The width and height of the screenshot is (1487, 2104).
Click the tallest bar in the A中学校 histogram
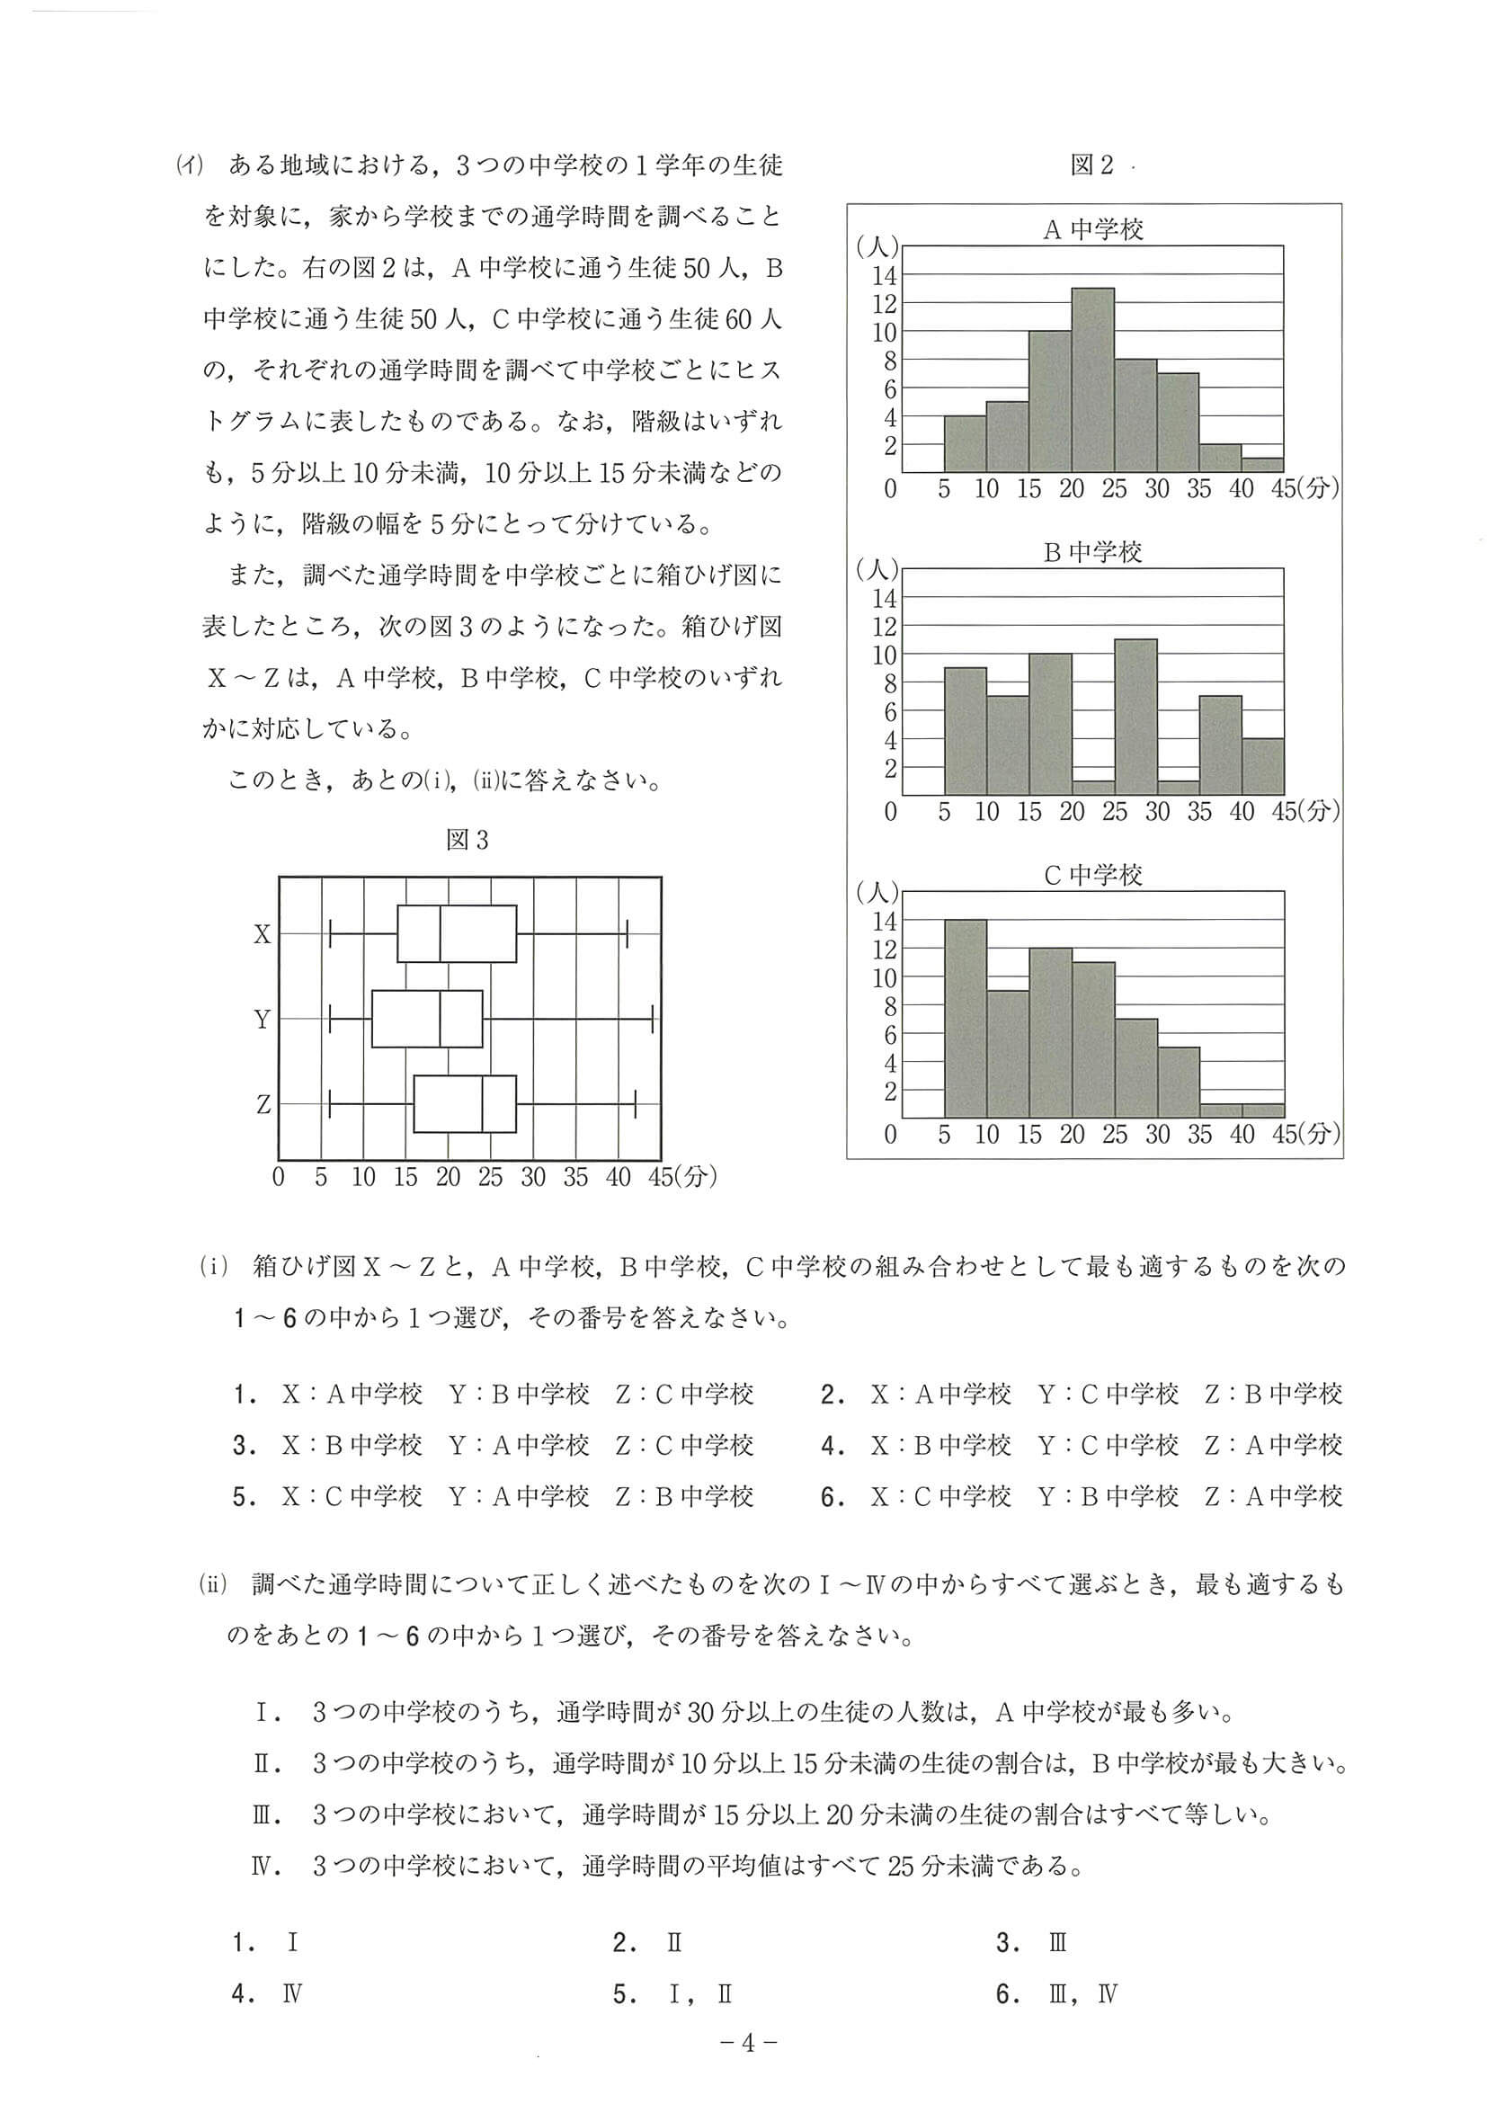pos(1092,379)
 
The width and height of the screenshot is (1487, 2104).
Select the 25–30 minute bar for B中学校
pos(1135,716)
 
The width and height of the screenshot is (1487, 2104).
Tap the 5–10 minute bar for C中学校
pos(965,1017)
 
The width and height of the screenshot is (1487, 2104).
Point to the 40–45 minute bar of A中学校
pos(1262,465)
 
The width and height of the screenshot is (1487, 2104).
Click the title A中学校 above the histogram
pos(1093,229)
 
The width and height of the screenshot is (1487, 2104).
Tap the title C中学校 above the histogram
pos(1093,875)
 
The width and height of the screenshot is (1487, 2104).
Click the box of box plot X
pos(457,934)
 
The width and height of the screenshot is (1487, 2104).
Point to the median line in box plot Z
pos(483,1104)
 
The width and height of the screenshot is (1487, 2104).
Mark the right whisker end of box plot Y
pos(653,1018)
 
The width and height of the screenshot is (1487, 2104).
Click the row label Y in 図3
pos(262,1019)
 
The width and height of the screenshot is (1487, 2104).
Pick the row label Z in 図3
pos(263,1104)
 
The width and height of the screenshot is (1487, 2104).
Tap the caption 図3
pos(467,840)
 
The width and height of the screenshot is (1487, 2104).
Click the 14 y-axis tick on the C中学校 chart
pos(884,919)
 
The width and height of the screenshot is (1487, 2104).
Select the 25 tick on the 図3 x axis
pos(490,1178)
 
